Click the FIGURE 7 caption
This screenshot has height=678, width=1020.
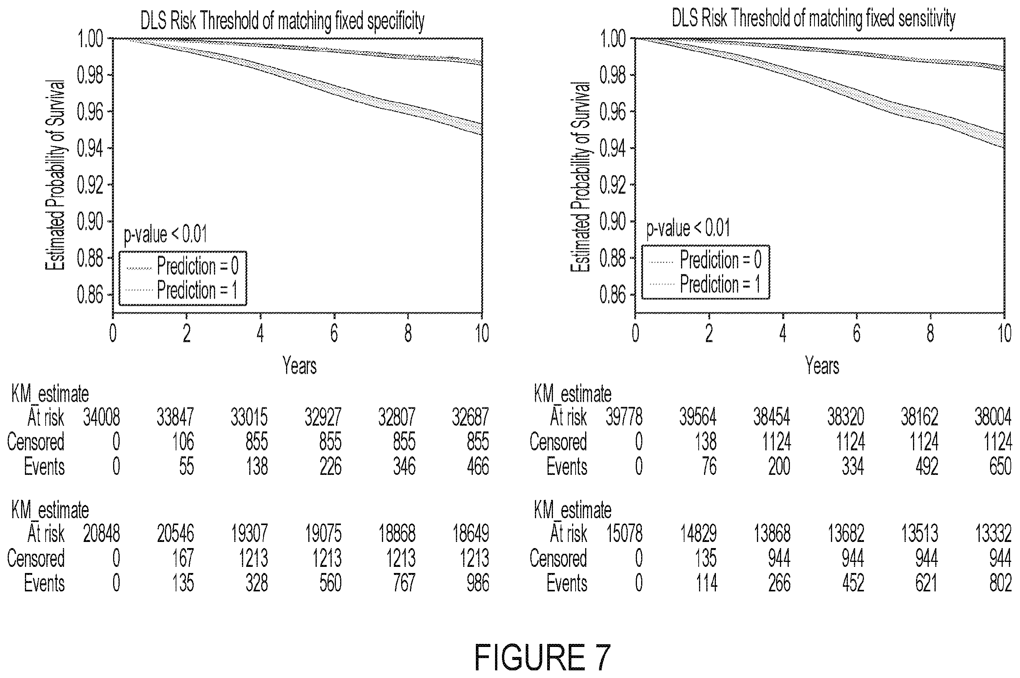pos(543,657)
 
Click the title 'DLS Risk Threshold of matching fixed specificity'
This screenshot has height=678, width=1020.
pos(283,21)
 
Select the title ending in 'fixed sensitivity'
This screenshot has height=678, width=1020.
pos(813,19)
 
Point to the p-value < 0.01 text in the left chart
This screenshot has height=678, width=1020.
pos(165,234)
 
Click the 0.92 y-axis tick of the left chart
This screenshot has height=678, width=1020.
pos(90,185)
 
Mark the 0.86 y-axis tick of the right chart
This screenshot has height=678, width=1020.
pos(612,295)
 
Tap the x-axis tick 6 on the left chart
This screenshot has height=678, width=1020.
pos(334,333)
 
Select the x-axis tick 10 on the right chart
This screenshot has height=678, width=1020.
pos(1004,333)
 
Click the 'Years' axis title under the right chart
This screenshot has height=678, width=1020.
pos(822,365)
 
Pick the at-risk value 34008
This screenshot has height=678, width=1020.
pos(102,418)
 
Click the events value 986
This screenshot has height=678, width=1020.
pos(477,583)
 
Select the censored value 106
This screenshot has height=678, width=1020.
pos(183,442)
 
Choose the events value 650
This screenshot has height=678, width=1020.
pos(1000,466)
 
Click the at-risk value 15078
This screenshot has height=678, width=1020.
pos(624,534)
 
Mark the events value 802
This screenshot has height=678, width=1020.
pos(1000,583)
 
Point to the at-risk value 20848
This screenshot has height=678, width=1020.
pos(102,534)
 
